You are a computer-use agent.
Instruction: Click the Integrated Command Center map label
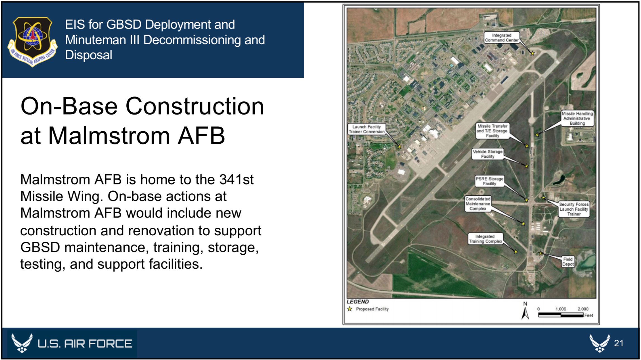click(x=502, y=38)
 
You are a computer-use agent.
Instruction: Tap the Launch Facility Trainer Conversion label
click(x=367, y=129)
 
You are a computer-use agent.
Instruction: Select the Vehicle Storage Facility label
click(x=487, y=154)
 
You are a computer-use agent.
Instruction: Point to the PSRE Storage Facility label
click(x=489, y=181)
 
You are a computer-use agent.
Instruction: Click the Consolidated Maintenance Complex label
click(x=478, y=204)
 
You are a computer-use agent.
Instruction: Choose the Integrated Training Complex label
click(x=486, y=239)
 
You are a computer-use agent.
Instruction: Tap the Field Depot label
click(x=568, y=262)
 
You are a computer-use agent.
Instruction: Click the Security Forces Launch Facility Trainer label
click(x=574, y=209)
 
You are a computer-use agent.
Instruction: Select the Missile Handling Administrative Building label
click(x=577, y=119)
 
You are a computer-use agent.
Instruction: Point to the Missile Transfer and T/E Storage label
click(x=492, y=131)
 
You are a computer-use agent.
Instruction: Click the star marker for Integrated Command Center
click(x=532, y=53)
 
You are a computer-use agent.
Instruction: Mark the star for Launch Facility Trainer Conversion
click(x=400, y=147)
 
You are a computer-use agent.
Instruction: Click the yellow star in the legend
click(x=350, y=309)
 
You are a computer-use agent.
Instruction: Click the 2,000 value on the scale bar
click(x=583, y=309)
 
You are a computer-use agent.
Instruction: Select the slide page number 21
click(x=619, y=343)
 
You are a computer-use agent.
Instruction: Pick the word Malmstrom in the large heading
click(x=109, y=136)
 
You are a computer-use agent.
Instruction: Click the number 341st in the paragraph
click(x=236, y=179)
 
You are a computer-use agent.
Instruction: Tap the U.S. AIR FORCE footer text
click(x=85, y=344)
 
